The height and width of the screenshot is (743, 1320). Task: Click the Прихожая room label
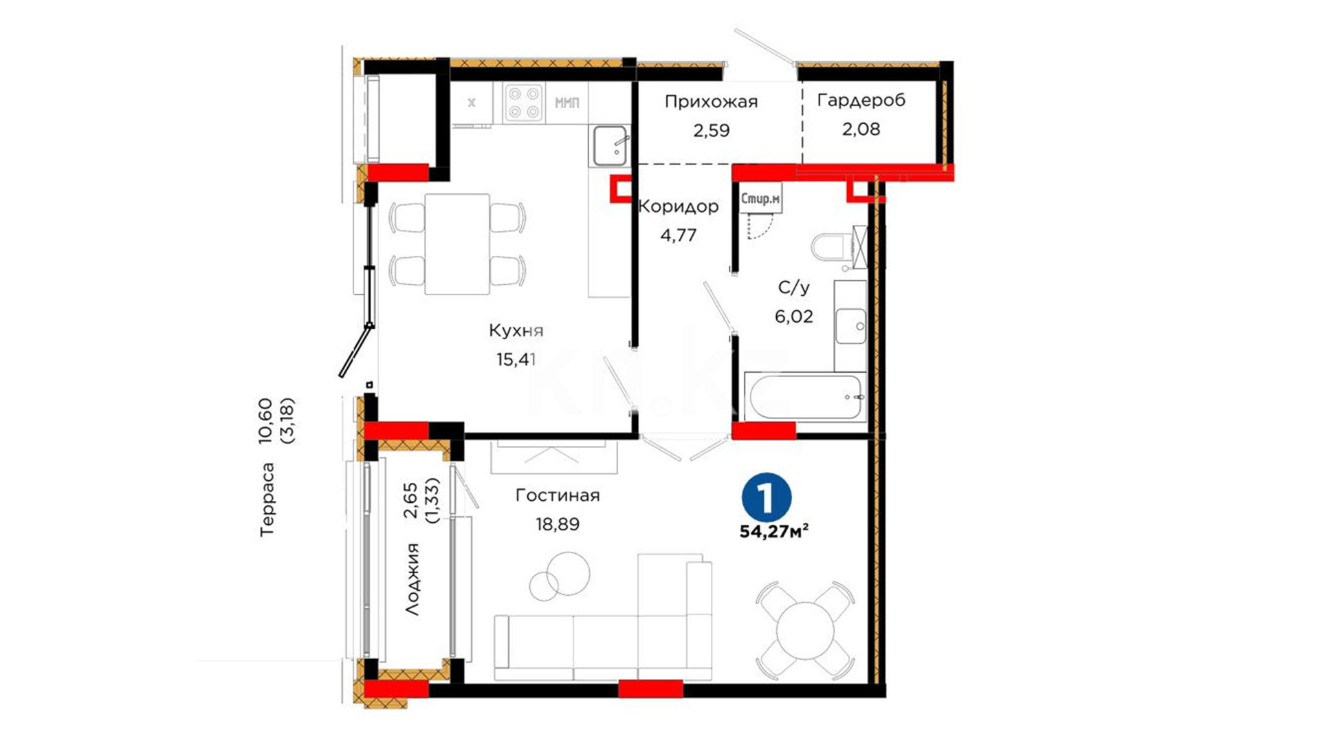point(711,103)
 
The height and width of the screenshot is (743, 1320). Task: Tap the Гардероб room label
point(861,101)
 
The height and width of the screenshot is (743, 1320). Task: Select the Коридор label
point(679,206)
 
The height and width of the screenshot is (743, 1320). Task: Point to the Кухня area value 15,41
point(516,359)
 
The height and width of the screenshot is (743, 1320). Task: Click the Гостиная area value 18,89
point(558,524)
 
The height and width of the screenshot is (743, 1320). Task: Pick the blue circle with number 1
point(767,497)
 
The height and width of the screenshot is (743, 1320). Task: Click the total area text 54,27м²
point(773,532)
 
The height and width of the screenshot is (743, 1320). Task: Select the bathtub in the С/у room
point(805,398)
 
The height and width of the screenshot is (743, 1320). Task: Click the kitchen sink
point(610,146)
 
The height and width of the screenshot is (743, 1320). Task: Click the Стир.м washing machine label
point(760,199)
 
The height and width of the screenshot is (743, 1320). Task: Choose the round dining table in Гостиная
point(805,630)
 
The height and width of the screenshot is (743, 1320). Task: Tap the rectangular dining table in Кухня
point(457,244)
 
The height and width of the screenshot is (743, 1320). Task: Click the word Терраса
point(267,499)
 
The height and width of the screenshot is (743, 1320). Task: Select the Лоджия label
point(411,579)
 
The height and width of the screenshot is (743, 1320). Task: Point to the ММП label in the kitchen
point(566,103)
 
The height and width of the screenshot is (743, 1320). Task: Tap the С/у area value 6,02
point(794,316)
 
